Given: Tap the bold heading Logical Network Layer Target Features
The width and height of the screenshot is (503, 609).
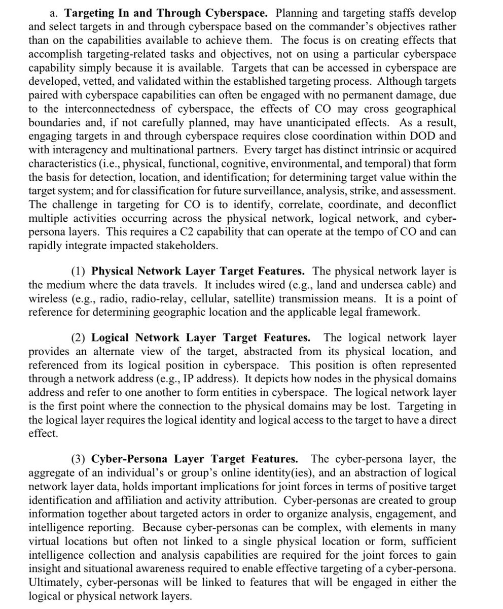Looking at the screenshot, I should click(201, 337).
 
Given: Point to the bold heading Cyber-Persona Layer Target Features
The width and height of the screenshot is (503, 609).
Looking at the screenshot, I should click(194, 459).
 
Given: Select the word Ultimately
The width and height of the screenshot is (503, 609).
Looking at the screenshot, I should click(52, 582).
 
